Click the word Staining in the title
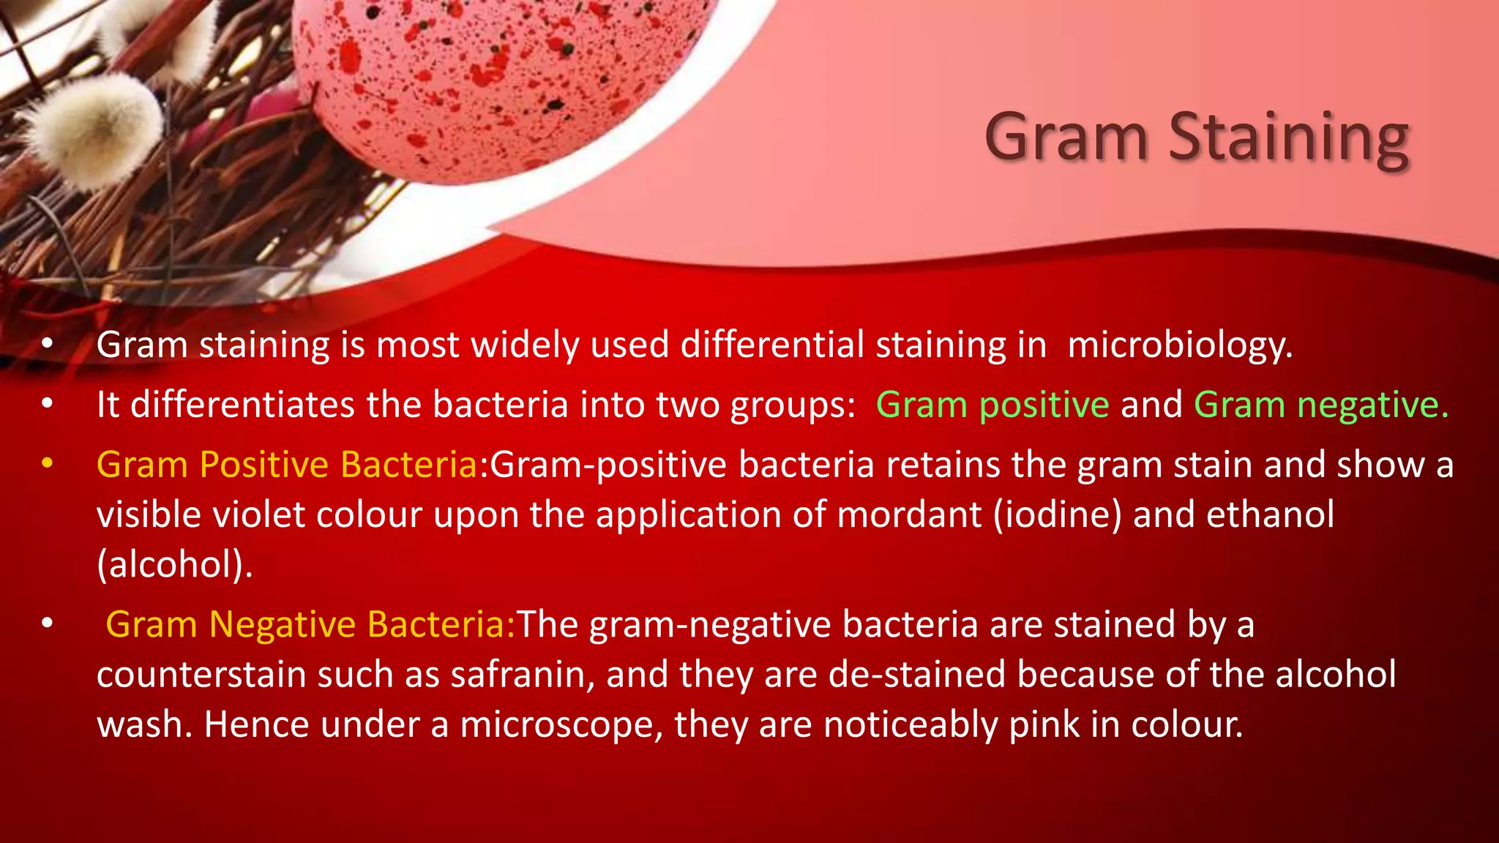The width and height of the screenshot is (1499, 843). [x=1288, y=138]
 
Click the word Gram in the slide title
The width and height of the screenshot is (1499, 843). [x=1066, y=138]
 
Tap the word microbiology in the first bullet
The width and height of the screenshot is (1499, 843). [x=1179, y=345]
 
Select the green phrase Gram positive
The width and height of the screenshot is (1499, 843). [x=993, y=405]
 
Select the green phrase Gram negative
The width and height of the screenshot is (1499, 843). [x=1320, y=405]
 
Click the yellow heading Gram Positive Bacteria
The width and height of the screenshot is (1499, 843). [x=287, y=465]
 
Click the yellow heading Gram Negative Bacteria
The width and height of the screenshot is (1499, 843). [x=310, y=624]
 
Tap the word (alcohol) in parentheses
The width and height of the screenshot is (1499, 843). [x=175, y=564]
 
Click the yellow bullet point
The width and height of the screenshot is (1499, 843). [x=48, y=464]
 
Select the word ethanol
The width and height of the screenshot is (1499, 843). [x=1270, y=514]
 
